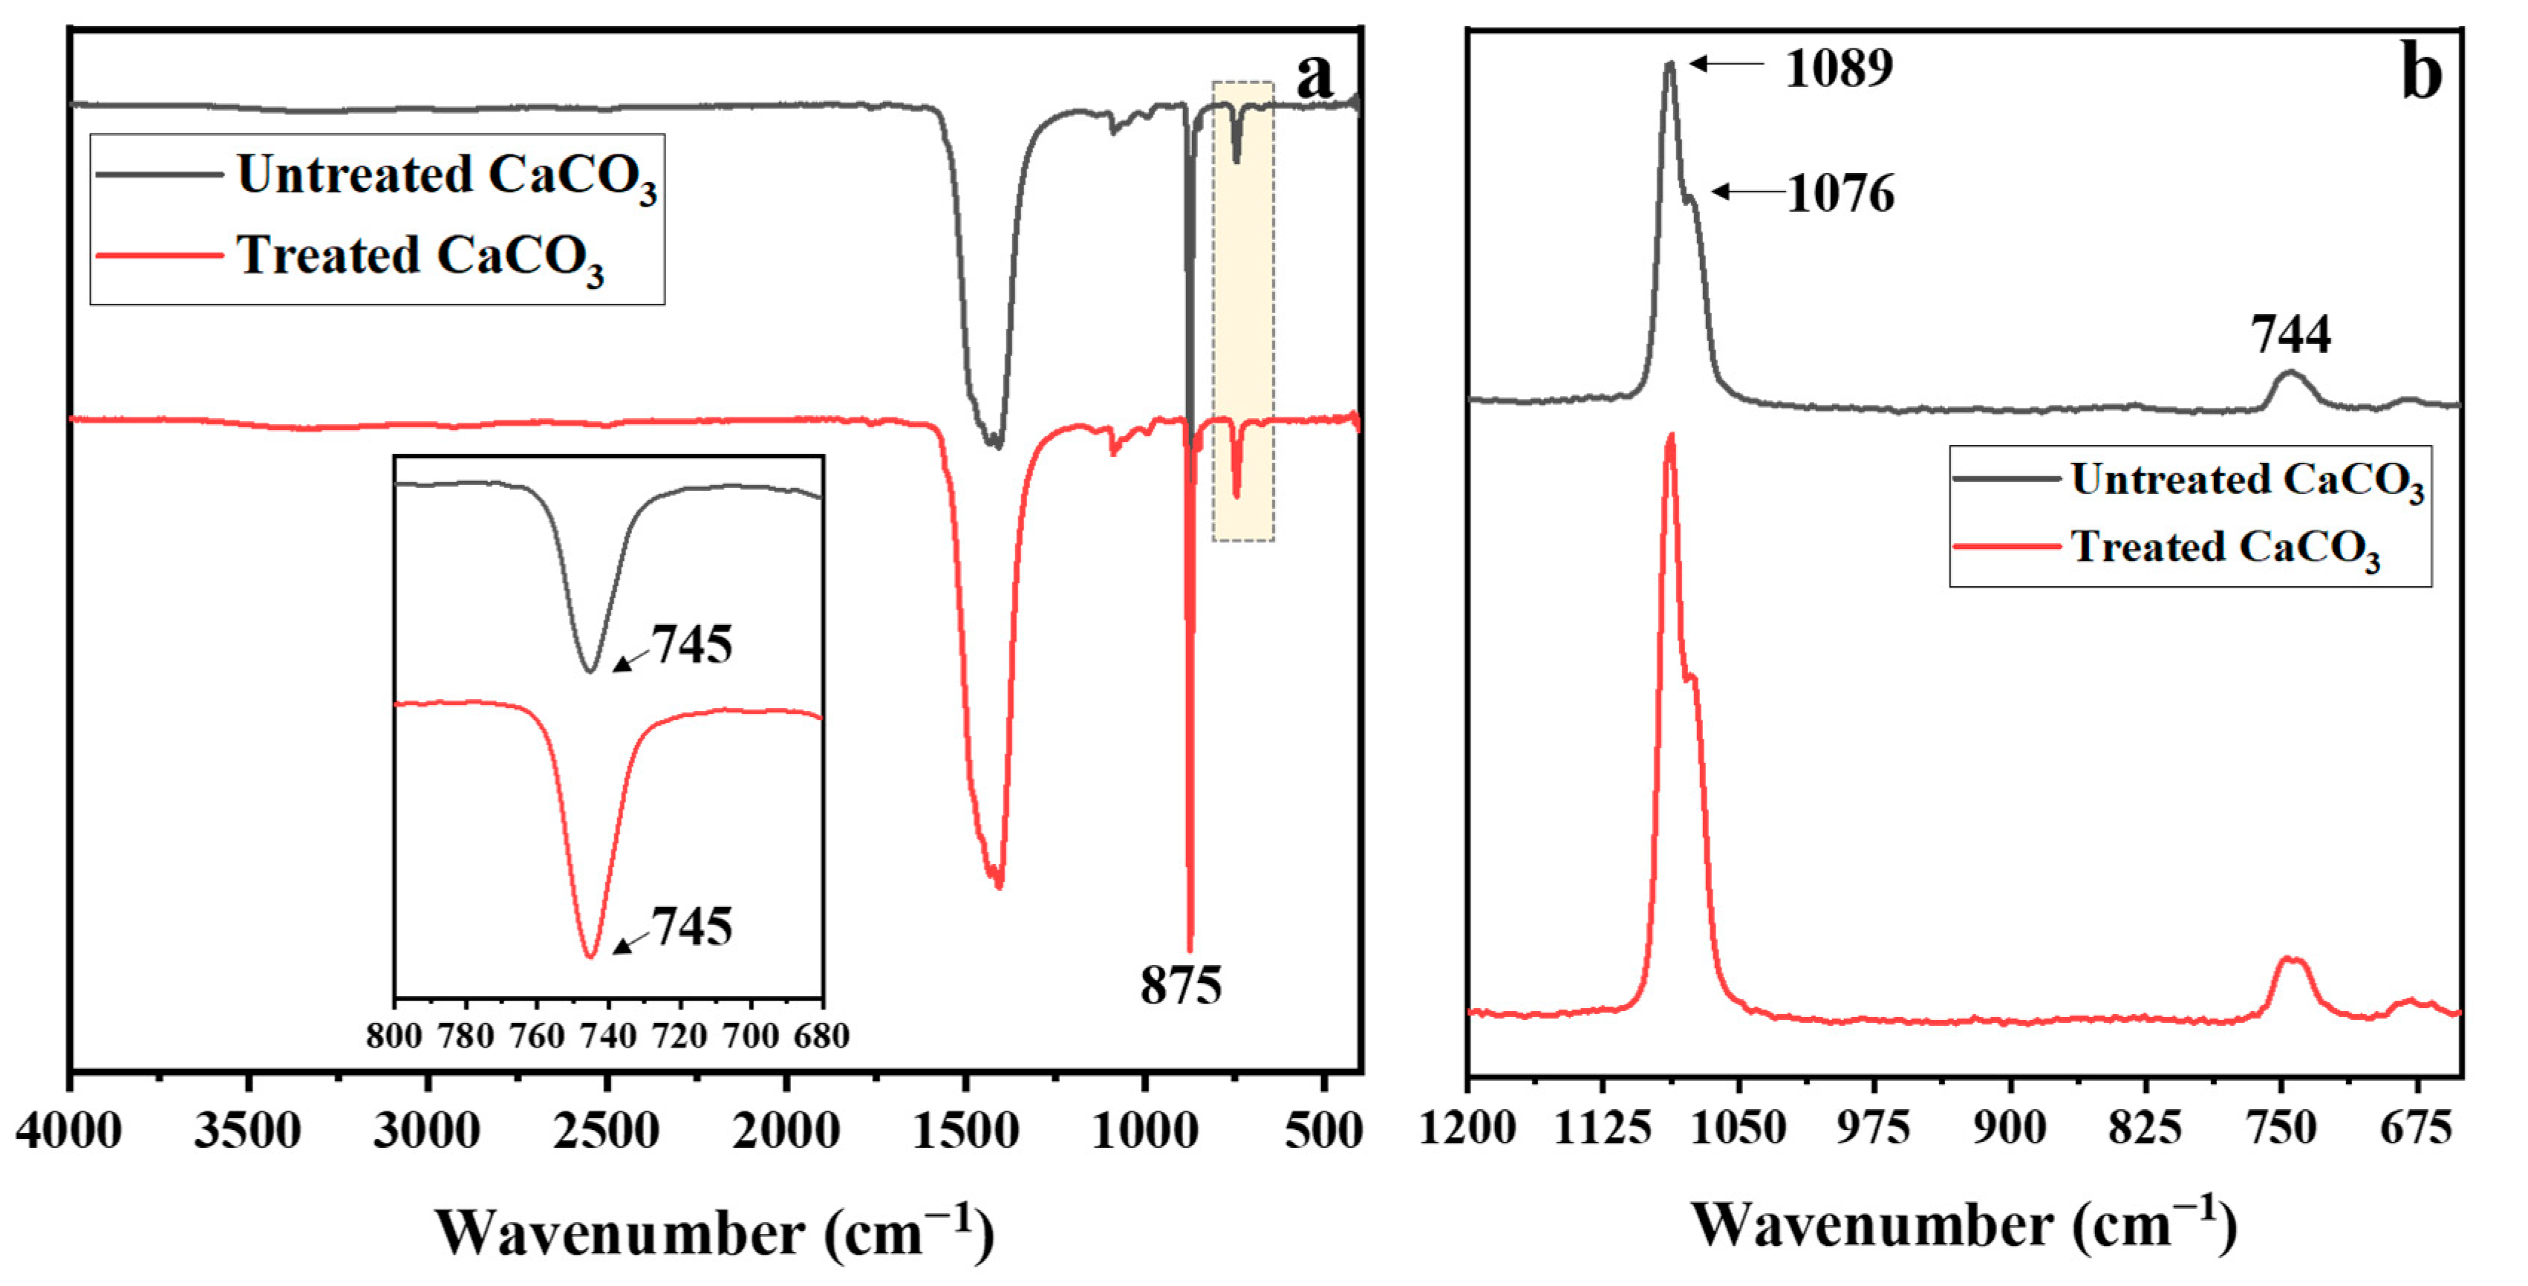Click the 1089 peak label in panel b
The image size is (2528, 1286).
1838,68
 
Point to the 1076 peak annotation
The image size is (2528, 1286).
1840,193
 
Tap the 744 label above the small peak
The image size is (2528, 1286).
2290,335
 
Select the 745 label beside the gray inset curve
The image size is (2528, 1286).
693,645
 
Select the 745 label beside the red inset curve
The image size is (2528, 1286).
693,926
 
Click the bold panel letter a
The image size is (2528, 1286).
1315,74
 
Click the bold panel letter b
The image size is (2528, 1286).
2421,73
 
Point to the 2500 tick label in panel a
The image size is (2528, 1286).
605,1131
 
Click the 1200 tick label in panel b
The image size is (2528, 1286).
1468,1127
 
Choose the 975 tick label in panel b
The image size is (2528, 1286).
1874,1127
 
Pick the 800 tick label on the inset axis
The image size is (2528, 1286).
394,1036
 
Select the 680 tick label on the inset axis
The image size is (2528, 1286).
821,1036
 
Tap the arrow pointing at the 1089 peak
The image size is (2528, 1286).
1727,64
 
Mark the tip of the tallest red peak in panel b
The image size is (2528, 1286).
1670,435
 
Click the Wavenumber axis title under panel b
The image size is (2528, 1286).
1963,1225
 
